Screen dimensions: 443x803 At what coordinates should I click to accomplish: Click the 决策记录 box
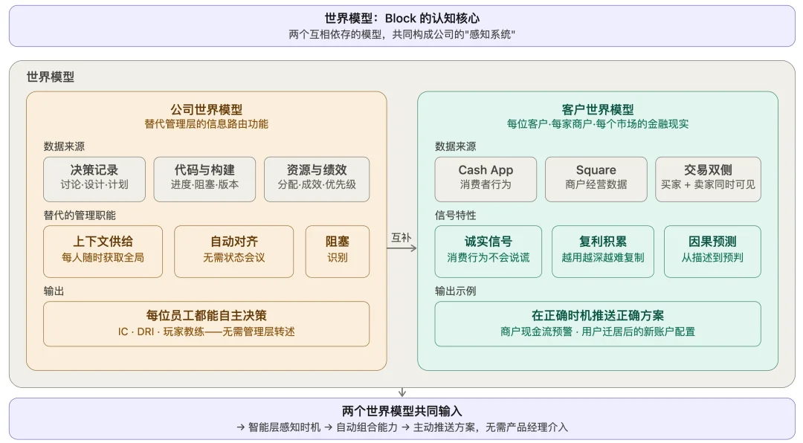coord(94,178)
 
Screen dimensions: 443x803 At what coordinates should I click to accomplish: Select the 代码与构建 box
coord(204,178)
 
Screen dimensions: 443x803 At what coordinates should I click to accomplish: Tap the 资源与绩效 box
coord(316,178)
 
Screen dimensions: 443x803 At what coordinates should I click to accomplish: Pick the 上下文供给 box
coord(103,250)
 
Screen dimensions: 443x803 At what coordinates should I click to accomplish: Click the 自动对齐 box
coord(233,250)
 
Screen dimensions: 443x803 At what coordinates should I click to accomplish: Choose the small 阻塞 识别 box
coord(337,250)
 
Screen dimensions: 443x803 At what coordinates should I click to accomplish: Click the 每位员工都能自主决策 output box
coord(206,323)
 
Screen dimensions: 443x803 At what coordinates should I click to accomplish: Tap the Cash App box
coord(486,178)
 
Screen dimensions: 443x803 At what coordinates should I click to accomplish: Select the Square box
coord(596,178)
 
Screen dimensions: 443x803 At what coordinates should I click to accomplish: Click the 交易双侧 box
coord(708,178)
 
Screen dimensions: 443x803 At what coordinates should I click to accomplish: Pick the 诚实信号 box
coord(488,250)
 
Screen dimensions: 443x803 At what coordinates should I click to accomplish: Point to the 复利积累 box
coord(602,250)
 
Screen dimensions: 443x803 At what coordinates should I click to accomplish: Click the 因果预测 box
coord(712,250)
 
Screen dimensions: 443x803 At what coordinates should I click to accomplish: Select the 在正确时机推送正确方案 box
coord(597,323)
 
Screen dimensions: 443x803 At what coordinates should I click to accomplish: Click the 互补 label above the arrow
coord(401,237)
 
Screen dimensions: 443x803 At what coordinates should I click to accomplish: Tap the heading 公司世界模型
coord(206,109)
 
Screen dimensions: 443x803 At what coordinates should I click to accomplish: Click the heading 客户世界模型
coord(597,109)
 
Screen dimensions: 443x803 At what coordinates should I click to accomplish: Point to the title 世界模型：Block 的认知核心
coord(401,19)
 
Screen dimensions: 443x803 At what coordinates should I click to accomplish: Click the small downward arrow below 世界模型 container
coord(402,392)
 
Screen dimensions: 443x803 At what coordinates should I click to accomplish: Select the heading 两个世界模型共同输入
coord(401,411)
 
